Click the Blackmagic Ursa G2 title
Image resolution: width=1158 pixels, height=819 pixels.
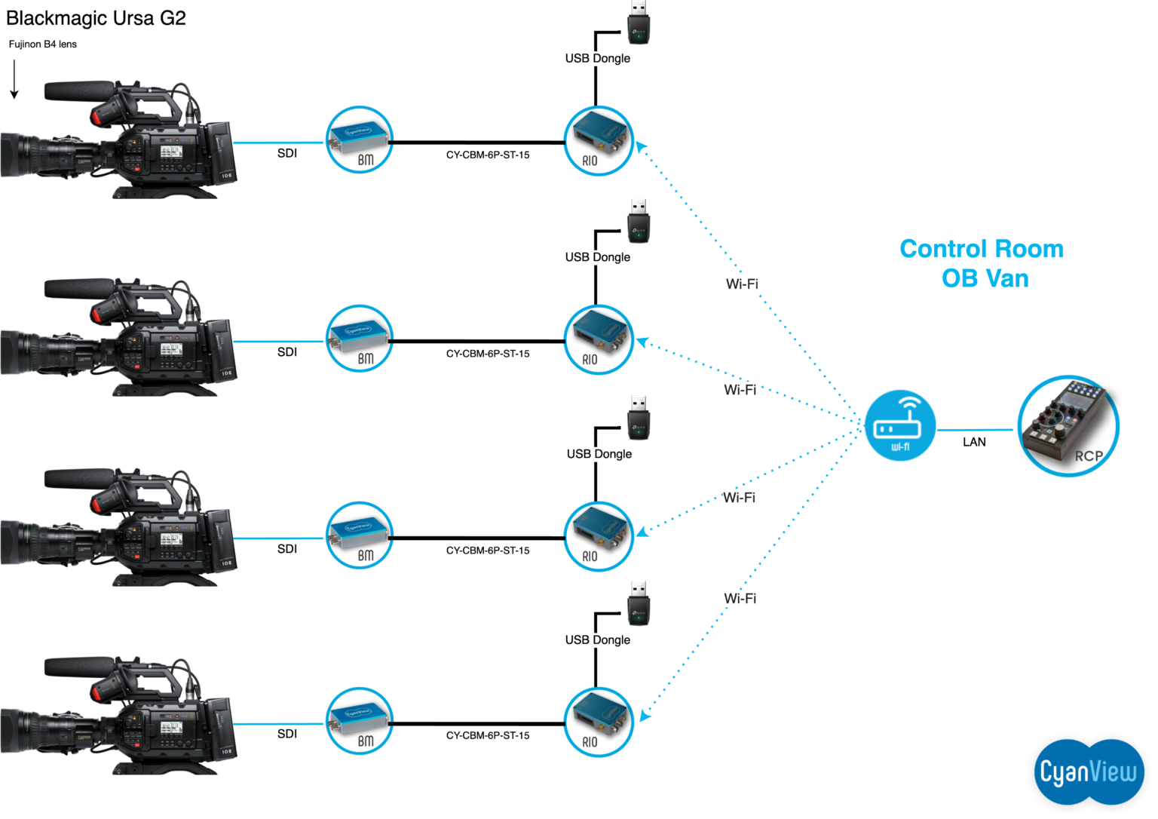point(96,18)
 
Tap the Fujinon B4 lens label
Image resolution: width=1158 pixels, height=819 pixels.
point(43,44)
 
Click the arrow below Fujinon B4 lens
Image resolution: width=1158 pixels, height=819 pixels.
point(14,80)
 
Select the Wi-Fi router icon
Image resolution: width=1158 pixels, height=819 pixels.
point(900,426)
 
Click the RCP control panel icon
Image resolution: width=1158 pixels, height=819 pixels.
point(1068,426)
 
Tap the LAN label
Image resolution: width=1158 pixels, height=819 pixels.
point(974,442)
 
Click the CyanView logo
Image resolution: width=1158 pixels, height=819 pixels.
point(1089,771)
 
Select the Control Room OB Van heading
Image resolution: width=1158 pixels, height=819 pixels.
point(982,263)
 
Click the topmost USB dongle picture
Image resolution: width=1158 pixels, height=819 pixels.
point(639,23)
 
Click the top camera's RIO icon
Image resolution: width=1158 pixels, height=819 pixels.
point(598,141)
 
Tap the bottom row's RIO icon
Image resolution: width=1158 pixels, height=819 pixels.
point(598,722)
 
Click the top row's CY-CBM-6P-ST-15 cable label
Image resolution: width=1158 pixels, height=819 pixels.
point(488,155)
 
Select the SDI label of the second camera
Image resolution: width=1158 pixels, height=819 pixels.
point(287,352)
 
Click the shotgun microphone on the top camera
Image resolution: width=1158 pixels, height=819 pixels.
point(80,90)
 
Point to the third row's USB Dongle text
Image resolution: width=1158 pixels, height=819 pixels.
point(599,454)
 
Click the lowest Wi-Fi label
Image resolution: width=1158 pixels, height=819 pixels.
point(740,599)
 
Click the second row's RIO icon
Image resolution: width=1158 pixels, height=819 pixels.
point(598,340)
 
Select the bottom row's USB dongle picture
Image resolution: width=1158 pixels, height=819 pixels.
point(639,603)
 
